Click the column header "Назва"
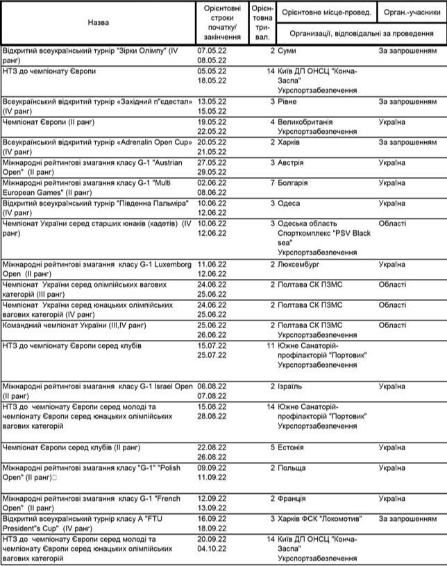pos(98,22)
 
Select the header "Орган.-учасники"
pos(412,12)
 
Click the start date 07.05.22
pos(213,51)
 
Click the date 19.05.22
pos(213,121)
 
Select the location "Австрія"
pos(292,162)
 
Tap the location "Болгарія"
pos(292,182)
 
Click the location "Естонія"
pos(292,447)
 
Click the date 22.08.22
pos(213,447)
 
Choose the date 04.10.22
pos(213,549)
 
